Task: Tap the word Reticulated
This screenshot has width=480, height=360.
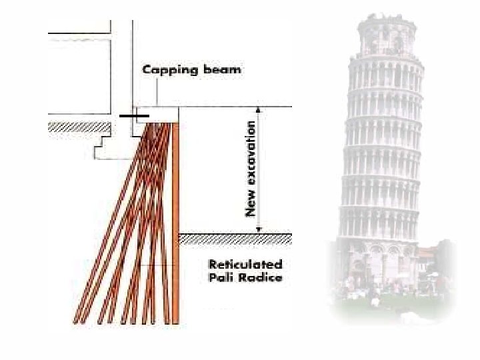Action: click(x=243, y=265)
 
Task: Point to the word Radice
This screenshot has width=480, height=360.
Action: click(x=261, y=277)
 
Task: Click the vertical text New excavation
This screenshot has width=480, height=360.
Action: click(x=251, y=168)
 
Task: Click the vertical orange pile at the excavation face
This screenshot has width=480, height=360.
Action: click(x=176, y=220)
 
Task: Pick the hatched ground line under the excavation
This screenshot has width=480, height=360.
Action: click(x=237, y=237)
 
